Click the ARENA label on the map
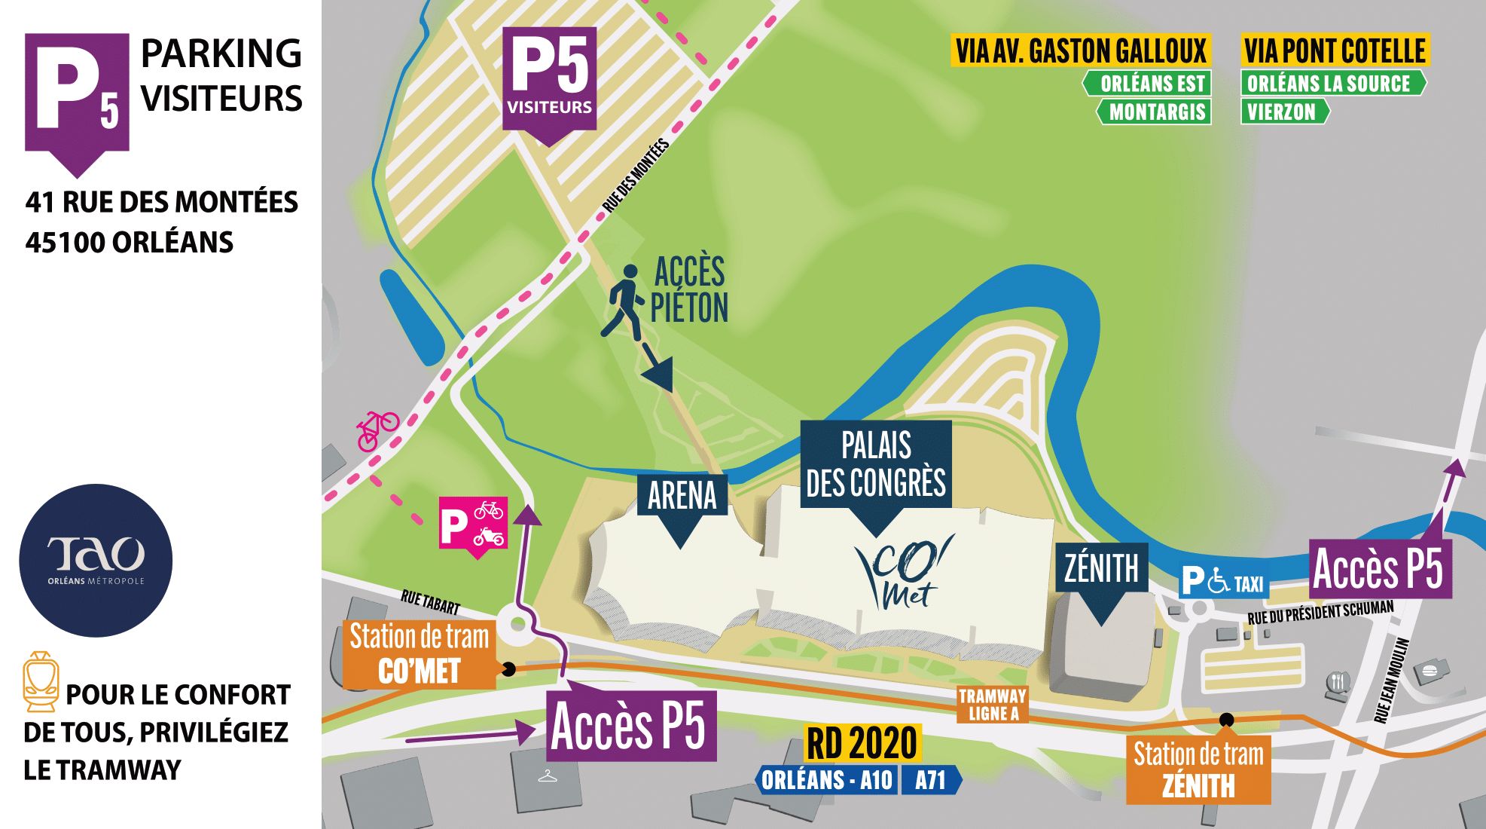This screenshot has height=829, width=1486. (682, 495)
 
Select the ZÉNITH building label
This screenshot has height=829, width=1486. (1100, 567)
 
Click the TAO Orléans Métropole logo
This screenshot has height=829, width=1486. (96, 560)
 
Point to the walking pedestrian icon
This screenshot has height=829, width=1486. (622, 300)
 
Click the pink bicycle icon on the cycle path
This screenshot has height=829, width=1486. (377, 429)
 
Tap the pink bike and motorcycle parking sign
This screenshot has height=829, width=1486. (473, 524)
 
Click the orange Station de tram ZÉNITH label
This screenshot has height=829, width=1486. (1198, 769)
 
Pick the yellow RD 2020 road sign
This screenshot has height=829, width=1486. (862, 743)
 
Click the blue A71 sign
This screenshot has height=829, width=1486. (930, 780)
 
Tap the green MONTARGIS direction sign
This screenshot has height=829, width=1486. (1155, 112)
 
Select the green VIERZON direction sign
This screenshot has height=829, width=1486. (1283, 112)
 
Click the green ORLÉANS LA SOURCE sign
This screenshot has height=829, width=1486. (1329, 83)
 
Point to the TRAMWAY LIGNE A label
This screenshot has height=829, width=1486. (993, 705)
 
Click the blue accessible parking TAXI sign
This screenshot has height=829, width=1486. (1223, 582)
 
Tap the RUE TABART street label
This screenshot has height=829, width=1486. (430, 602)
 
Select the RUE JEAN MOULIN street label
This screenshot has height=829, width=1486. (1390, 681)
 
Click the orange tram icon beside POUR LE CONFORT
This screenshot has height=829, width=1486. (41, 682)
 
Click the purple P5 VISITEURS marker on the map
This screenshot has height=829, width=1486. (550, 79)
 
